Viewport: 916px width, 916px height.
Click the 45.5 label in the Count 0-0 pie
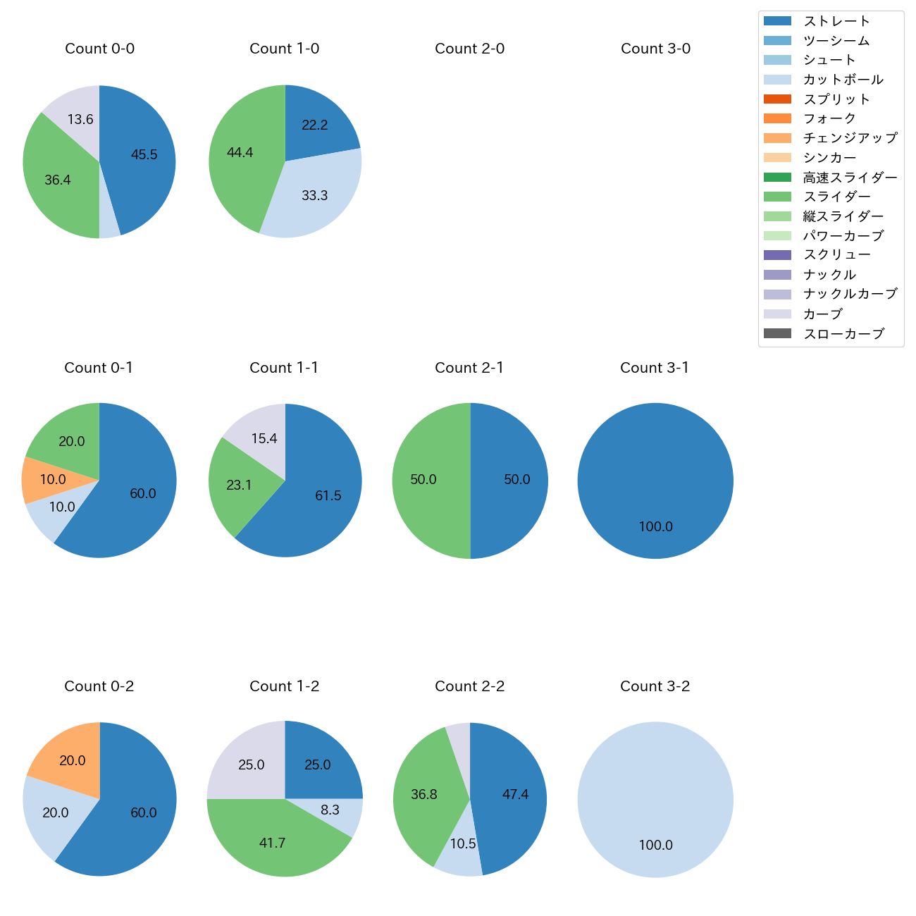point(144,155)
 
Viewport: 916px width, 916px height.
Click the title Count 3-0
point(655,49)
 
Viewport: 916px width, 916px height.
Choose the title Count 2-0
point(469,49)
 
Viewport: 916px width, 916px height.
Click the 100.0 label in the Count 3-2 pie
point(655,845)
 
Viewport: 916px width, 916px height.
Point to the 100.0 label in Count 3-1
point(655,526)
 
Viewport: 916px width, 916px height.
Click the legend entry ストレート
point(836,21)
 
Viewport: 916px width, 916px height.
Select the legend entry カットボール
point(843,80)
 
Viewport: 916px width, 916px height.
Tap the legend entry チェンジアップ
point(850,138)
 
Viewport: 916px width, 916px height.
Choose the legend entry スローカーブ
point(843,334)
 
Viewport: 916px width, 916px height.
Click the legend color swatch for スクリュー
point(777,255)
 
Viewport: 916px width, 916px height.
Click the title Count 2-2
point(469,686)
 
